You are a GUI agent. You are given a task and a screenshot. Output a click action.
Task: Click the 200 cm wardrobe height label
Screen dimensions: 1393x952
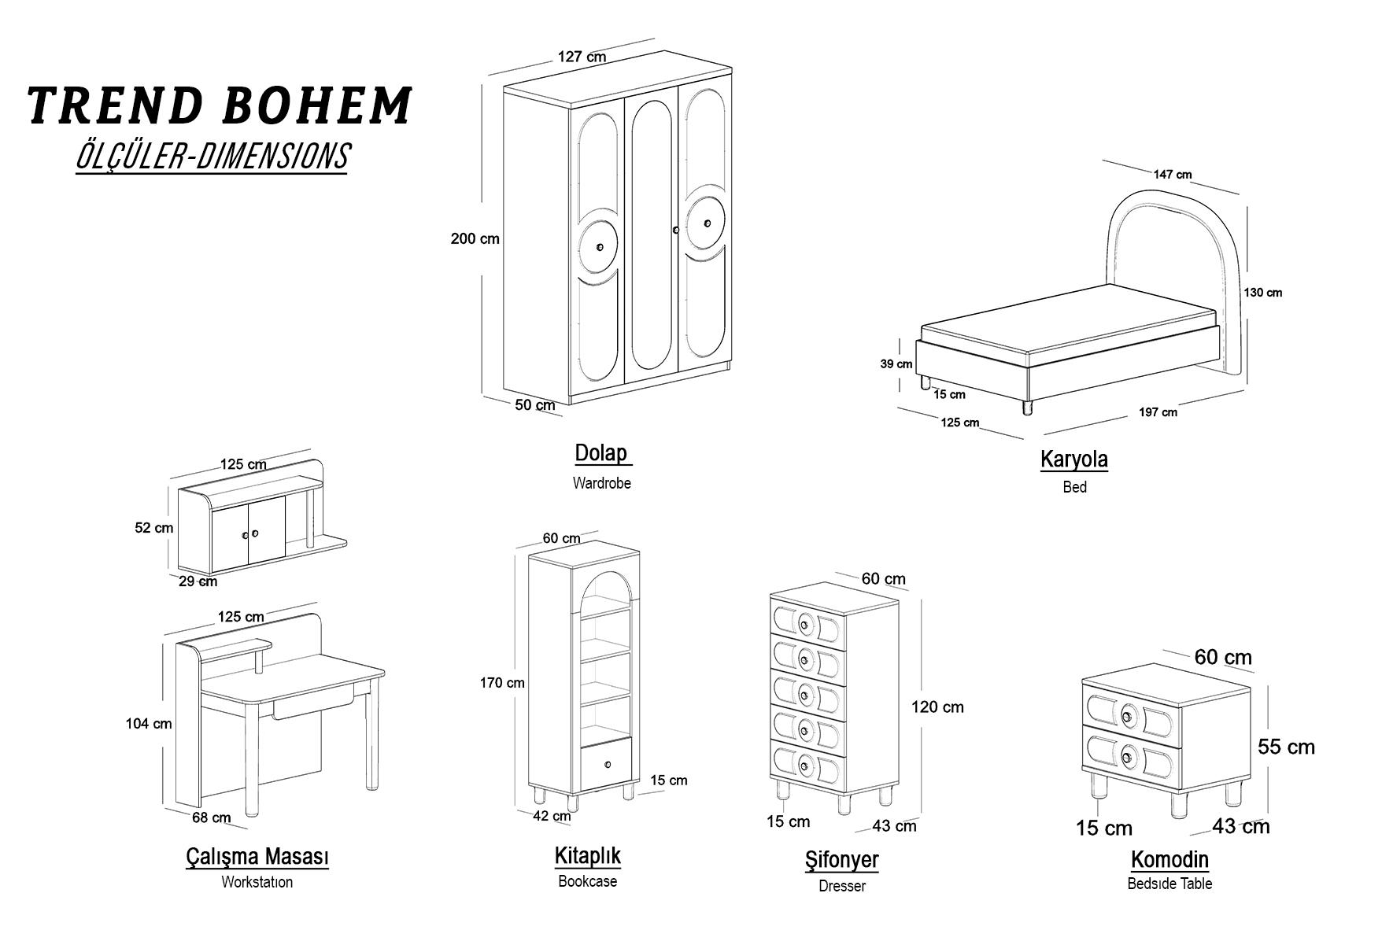(475, 238)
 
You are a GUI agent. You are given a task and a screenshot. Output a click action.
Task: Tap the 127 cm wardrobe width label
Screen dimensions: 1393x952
(582, 57)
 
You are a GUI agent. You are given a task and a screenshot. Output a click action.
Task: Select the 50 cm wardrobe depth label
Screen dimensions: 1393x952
(535, 405)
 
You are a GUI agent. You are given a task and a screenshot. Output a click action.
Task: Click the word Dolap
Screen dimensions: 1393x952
(601, 453)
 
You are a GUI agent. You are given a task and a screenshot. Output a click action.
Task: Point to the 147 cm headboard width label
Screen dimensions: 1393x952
(1173, 175)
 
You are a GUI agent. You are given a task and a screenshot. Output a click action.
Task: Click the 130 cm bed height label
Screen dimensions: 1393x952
(1262, 293)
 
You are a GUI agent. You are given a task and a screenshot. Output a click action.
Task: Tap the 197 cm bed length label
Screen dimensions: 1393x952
(1158, 412)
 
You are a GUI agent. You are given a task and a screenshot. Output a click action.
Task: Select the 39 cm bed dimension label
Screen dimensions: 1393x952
(896, 364)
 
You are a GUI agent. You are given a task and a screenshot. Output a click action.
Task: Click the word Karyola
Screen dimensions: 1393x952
(1074, 459)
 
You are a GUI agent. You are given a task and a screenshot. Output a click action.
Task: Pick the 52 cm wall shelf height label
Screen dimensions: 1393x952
(154, 528)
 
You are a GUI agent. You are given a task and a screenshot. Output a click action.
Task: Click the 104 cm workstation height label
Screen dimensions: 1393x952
(149, 724)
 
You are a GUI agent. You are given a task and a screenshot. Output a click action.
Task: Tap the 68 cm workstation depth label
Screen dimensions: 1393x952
(212, 817)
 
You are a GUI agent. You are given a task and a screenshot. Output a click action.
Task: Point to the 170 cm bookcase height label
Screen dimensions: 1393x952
(502, 683)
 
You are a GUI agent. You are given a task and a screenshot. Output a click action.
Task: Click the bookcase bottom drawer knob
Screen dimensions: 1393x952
(608, 763)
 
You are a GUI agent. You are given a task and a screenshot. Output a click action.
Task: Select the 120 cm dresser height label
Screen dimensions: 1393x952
(937, 707)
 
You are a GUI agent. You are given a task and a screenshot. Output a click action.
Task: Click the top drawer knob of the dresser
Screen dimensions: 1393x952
(804, 625)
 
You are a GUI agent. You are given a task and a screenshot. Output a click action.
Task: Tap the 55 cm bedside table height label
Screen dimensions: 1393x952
(1286, 747)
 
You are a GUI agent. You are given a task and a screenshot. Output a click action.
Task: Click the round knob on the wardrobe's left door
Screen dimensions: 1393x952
(600, 248)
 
